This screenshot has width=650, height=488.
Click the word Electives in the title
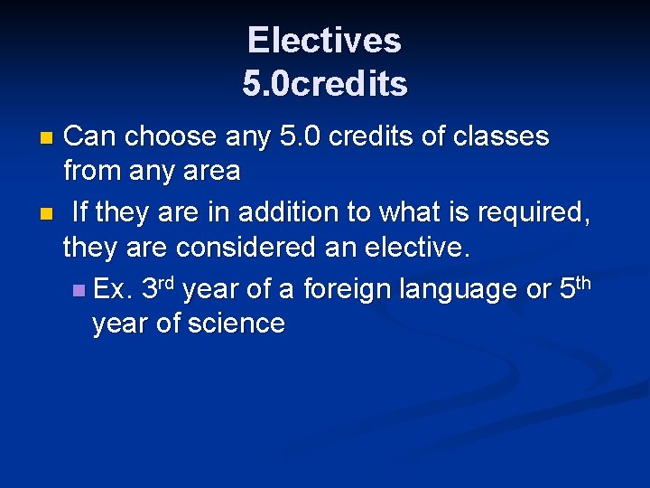(x=324, y=40)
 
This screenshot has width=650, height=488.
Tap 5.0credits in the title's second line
(x=324, y=83)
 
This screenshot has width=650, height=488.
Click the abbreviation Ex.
(x=114, y=290)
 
